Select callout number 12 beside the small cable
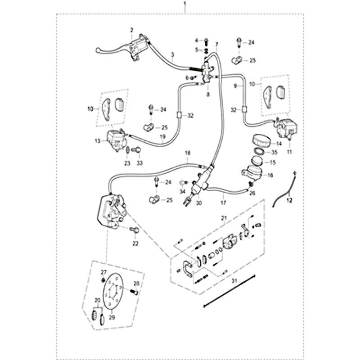tap(289, 199)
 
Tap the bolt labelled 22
tap(134, 231)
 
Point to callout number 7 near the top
tap(216, 44)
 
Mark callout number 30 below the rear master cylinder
tap(199, 202)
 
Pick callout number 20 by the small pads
tap(97, 300)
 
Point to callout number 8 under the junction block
tap(208, 94)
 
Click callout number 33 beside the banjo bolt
tap(139, 162)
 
